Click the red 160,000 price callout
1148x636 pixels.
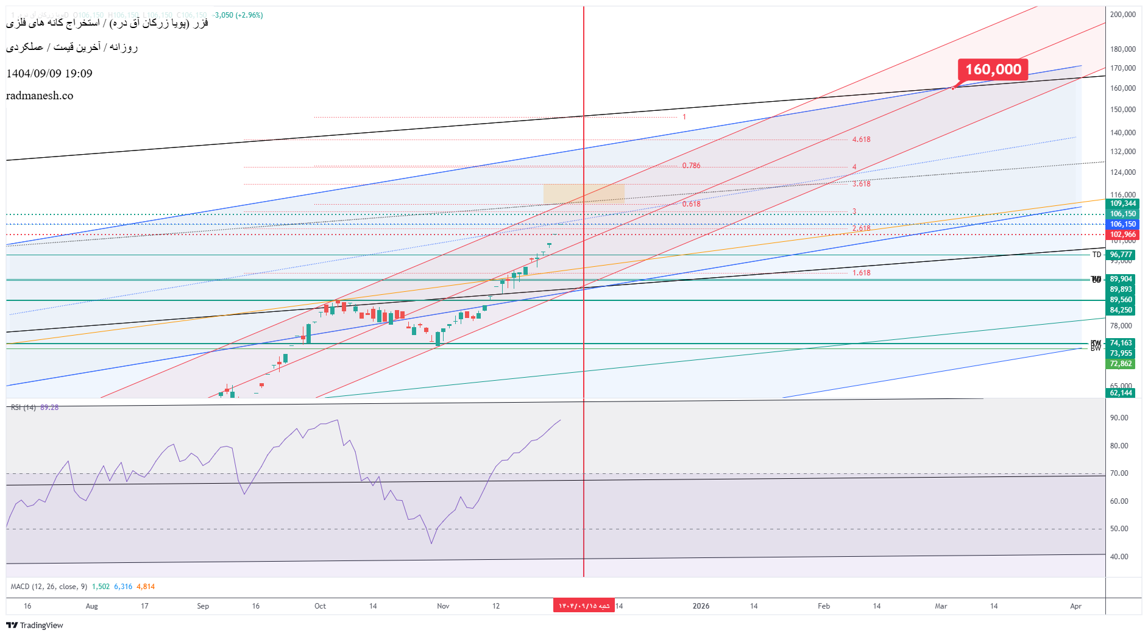(x=993, y=69)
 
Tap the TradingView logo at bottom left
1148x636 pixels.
(x=35, y=625)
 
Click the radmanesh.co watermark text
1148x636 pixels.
(x=40, y=96)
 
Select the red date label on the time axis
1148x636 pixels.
(x=584, y=606)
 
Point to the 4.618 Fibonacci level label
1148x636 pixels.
(x=861, y=140)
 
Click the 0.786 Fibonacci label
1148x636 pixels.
(x=691, y=166)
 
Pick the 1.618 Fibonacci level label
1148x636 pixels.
(x=861, y=273)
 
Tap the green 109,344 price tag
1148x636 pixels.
(x=1122, y=203)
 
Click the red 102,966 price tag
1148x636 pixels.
(x=1122, y=235)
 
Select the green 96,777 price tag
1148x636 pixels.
(x=1121, y=255)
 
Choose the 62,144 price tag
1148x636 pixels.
(x=1121, y=393)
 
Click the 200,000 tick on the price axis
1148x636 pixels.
(x=1123, y=15)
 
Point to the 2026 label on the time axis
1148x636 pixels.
(x=701, y=606)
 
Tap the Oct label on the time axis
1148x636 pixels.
(x=320, y=606)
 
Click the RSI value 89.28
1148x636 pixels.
(x=49, y=408)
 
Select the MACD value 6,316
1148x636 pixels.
(x=123, y=587)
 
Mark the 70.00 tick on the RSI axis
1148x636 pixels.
(x=1119, y=473)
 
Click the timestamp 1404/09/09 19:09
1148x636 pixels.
(x=49, y=74)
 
